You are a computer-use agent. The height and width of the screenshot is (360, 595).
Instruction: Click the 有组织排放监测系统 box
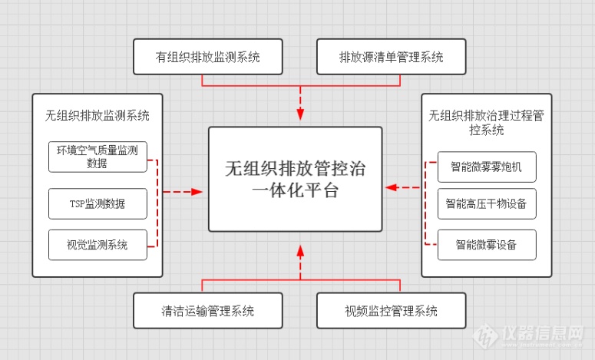207,57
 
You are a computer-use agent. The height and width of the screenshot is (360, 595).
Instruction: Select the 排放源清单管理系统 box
392,57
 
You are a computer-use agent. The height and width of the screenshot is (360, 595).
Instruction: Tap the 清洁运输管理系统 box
207,311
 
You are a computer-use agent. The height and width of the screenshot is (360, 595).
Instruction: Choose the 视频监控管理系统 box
392,311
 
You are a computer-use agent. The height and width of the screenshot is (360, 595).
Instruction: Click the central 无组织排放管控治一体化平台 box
296,180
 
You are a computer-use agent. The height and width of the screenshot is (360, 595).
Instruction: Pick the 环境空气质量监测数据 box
98,157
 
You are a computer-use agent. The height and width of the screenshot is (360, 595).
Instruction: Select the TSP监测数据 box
98,203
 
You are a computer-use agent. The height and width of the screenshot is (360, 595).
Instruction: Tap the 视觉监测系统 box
98,245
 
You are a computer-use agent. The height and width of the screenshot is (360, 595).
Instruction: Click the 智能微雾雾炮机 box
486,166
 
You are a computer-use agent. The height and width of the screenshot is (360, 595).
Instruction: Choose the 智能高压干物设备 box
486,204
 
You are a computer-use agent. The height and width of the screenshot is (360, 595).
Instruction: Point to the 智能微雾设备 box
486,245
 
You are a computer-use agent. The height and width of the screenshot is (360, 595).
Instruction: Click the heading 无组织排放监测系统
97,116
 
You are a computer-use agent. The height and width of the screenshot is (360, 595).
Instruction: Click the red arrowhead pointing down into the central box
300,115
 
